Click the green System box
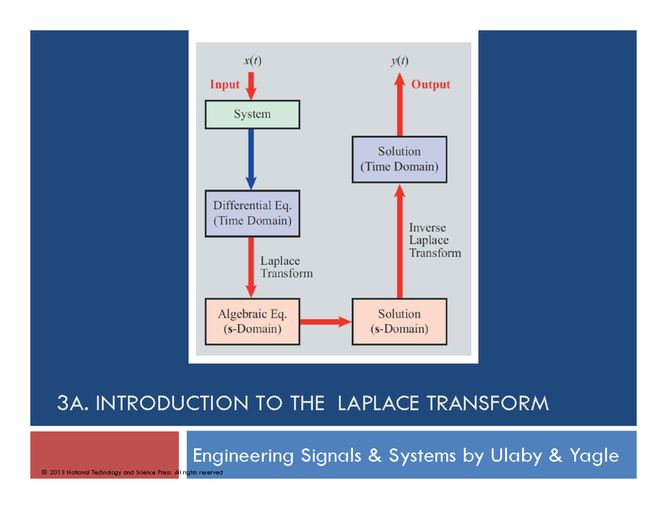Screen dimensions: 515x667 pyautogui.click(x=252, y=114)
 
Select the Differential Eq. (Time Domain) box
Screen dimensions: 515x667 pyautogui.click(x=252, y=213)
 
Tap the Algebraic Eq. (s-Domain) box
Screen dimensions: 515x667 pyautogui.click(x=252, y=322)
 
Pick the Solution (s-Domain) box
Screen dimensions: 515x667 pyautogui.click(x=399, y=322)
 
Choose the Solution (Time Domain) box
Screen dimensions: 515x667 pyautogui.click(x=399, y=159)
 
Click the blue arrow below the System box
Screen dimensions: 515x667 pyautogui.click(x=251, y=159)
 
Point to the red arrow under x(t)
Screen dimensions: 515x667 pyautogui.click(x=251, y=84)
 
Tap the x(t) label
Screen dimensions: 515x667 pyautogui.click(x=252, y=62)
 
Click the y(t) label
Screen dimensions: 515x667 pyautogui.click(x=399, y=62)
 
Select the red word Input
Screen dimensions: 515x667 pyautogui.click(x=225, y=85)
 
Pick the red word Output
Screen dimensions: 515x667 pyautogui.click(x=431, y=85)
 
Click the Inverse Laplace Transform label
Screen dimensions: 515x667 pyautogui.click(x=435, y=240)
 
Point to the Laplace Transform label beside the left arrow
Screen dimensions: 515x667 pyautogui.click(x=286, y=267)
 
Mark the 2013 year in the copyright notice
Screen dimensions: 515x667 pyautogui.click(x=56, y=473)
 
